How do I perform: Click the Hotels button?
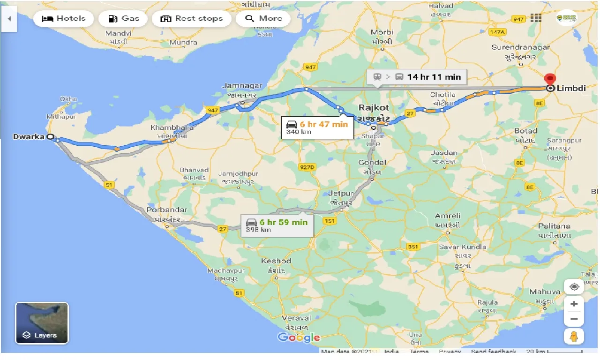click(x=64, y=19)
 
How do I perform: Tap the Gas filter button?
click(x=124, y=19)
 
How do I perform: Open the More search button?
click(x=263, y=19)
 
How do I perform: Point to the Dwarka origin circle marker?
click(x=51, y=137)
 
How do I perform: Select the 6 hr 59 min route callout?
click(x=277, y=225)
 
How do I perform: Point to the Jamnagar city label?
click(x=242, y=86)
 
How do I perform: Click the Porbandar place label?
click(x=166, y=210)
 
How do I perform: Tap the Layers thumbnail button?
click(x=42, y=323)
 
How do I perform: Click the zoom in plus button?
click(x=574, y=304)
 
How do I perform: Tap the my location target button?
click(x=574, y=286)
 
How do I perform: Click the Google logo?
click(x=299, y=337)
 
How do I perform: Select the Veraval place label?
click(x=296, y=318)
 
